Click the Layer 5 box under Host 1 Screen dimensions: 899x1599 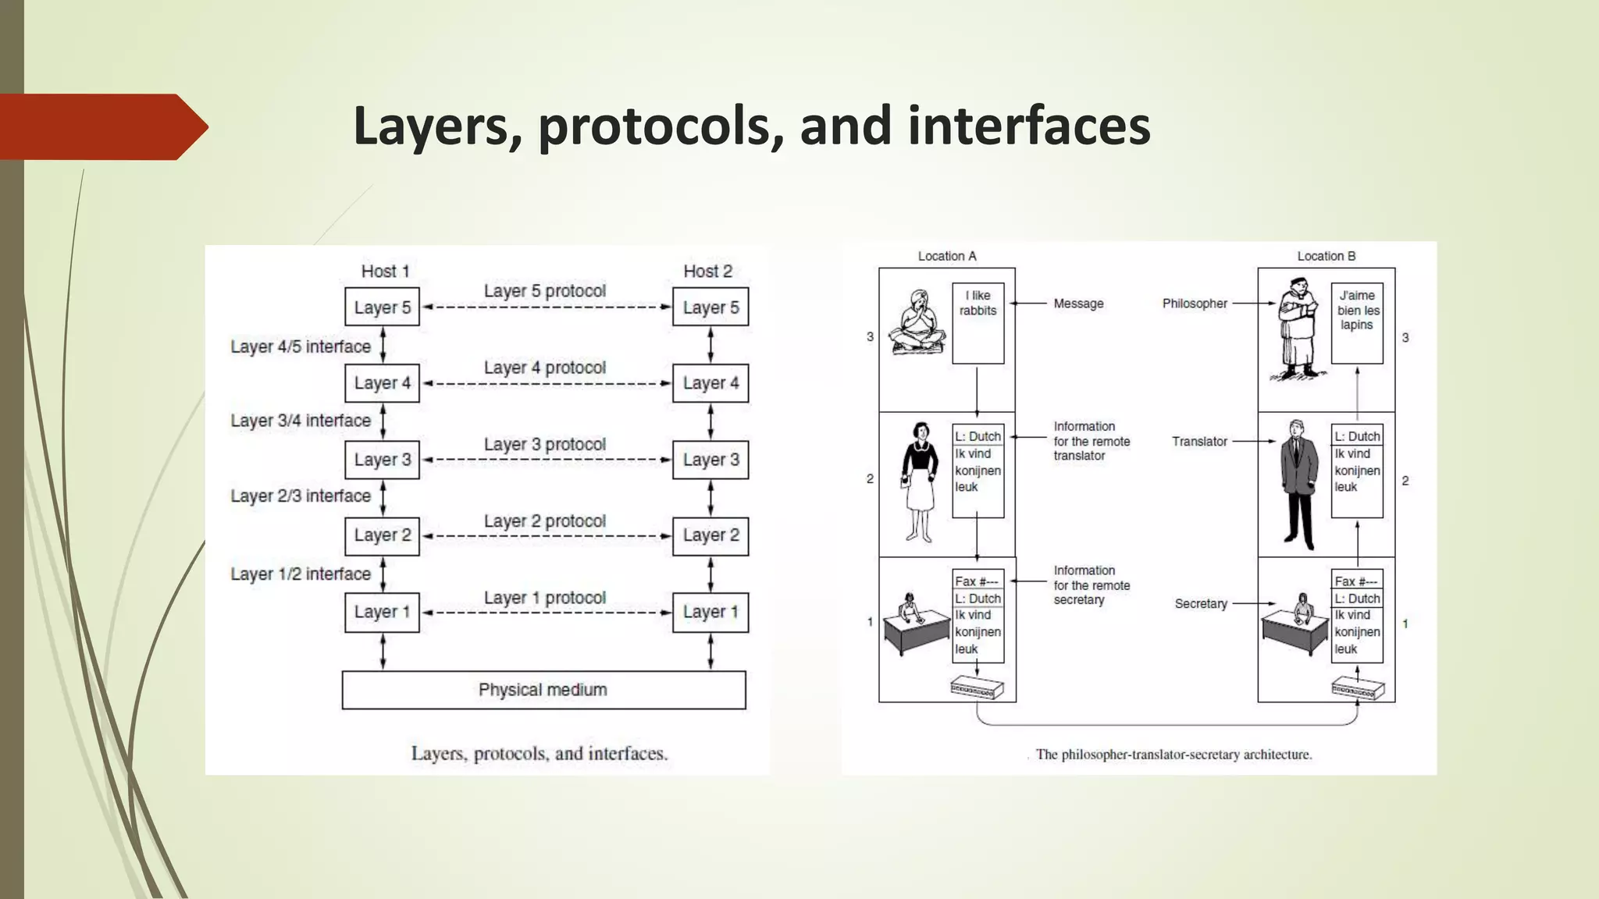coord(382,307)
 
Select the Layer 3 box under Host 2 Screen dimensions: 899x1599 coord(710,460)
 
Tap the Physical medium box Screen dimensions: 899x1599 coord(543,690)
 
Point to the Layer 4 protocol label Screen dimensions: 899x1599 coord(544,368)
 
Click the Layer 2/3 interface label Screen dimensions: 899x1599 coord(301,496)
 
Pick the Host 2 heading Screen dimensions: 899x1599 coord(707,272)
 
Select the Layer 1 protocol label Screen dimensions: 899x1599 coord(544,598)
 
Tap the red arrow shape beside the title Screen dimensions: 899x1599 coord(101,126)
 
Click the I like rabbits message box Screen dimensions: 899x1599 coord(978,322)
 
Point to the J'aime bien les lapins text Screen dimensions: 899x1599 coord(1357,311)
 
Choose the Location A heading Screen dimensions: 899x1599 coord(946,256)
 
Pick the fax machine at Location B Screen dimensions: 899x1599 coord(1357,689)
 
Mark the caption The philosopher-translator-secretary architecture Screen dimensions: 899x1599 coord(1173,755)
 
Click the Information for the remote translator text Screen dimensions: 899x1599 coord(1092,441)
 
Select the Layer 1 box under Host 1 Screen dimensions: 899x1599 coord(382,612)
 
